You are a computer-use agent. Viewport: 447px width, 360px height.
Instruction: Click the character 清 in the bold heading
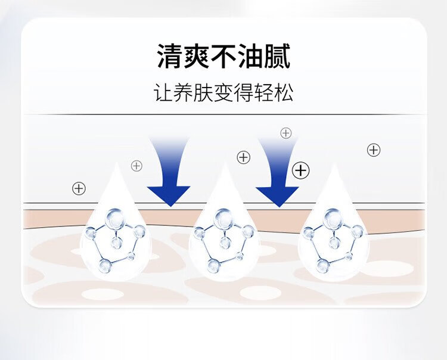coord(170,56)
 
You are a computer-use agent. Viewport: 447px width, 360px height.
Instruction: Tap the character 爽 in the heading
coord(197,56)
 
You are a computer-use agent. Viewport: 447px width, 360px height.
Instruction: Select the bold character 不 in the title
coord(223,56)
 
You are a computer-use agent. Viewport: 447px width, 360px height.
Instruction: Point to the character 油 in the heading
coord(250,56)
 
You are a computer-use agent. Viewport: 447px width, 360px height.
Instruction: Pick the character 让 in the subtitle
coord(163,92)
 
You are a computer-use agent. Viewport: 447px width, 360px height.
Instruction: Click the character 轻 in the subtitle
coord(263,92)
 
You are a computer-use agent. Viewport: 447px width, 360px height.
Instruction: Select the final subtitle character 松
coord(284,92)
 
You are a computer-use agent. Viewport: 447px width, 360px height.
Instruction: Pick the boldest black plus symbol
coord(301,170)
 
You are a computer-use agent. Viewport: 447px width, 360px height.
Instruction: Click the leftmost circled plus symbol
coord(79,188)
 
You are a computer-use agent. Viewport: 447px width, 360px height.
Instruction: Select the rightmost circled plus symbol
coord(374,150)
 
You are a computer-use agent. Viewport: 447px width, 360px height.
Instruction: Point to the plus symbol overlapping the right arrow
coord(286,133)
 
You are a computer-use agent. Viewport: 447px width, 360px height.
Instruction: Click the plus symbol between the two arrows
coord(243,157)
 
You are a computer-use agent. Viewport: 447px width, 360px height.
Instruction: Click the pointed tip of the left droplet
coord(116,163)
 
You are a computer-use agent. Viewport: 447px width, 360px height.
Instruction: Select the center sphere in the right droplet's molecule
coord(334,243)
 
